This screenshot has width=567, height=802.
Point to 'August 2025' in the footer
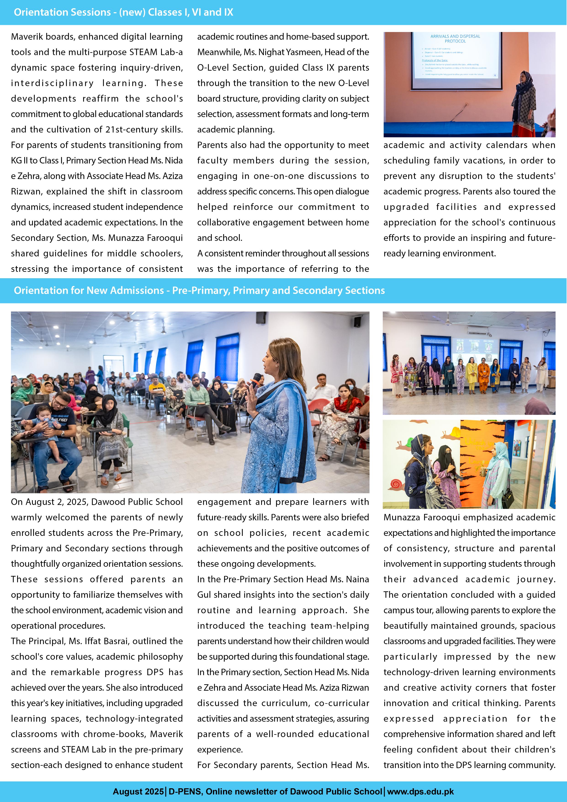pyautogui.click(x=138, y=791)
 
